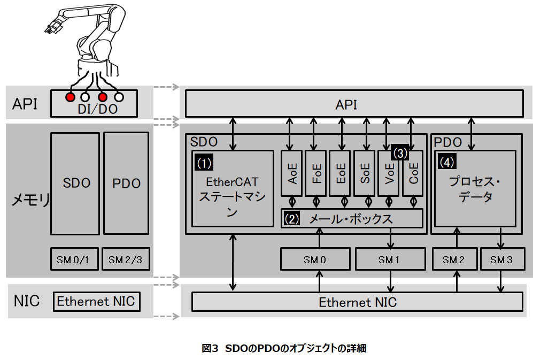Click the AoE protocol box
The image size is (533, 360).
tap(292, 174)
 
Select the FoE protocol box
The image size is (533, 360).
tap(316, 174)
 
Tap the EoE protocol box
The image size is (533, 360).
tap(341, 174)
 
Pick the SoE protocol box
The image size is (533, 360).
tap(365, 174)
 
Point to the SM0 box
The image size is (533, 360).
tap(315, 259)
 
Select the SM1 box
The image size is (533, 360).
tap(389, 259)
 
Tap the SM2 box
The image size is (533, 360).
tap(453, 259)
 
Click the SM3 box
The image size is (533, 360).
tap(500, 259)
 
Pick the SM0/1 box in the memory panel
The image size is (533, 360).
tap(75, 259)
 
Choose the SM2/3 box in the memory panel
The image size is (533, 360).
tap(126, 259)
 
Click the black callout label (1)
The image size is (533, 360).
tap(205, 161)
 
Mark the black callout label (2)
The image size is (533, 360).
tap(292, 218)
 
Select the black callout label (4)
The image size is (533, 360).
tap(447, 161)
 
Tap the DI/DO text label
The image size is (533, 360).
tap(94, 109)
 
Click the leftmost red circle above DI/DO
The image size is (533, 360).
tap(69, 97)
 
